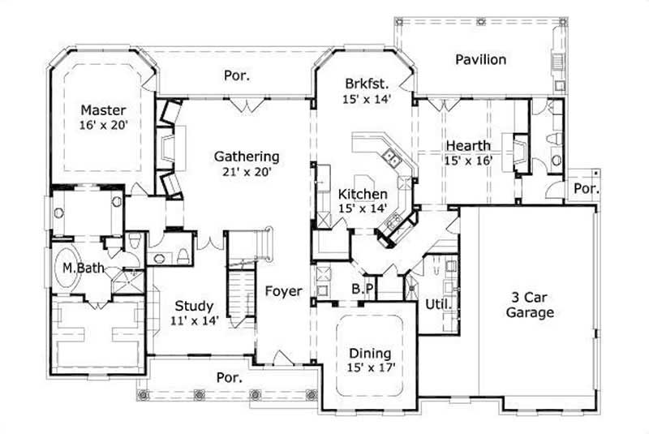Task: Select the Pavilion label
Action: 480,60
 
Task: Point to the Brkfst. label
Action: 367,84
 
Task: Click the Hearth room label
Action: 467,146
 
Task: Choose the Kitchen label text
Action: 362,195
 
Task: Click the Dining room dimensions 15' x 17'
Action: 369,369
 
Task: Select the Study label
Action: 195,307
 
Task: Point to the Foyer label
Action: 283,291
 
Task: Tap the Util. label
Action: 438,304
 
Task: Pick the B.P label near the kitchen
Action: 362,290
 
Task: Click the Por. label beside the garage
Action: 586,189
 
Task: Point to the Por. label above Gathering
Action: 236,77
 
